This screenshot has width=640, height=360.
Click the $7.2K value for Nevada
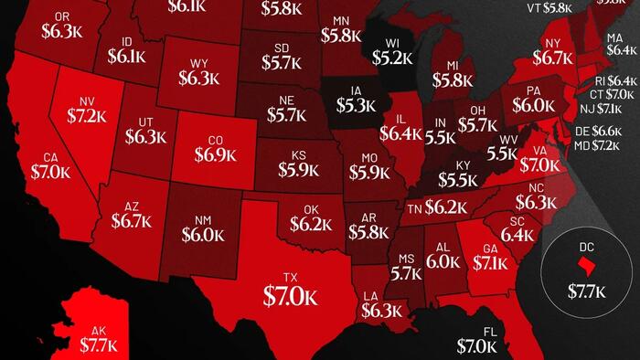88,116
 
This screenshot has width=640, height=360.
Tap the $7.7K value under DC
586,292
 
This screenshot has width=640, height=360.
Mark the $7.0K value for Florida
478,346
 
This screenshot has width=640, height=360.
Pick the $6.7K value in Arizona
132,220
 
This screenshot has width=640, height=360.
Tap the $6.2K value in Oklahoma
312,223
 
